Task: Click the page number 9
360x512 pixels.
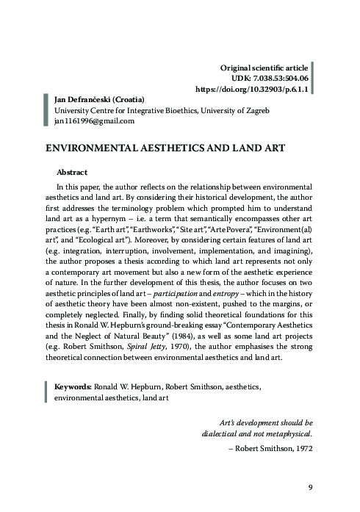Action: [310, 486]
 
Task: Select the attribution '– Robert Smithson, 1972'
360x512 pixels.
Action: [271, 447]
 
